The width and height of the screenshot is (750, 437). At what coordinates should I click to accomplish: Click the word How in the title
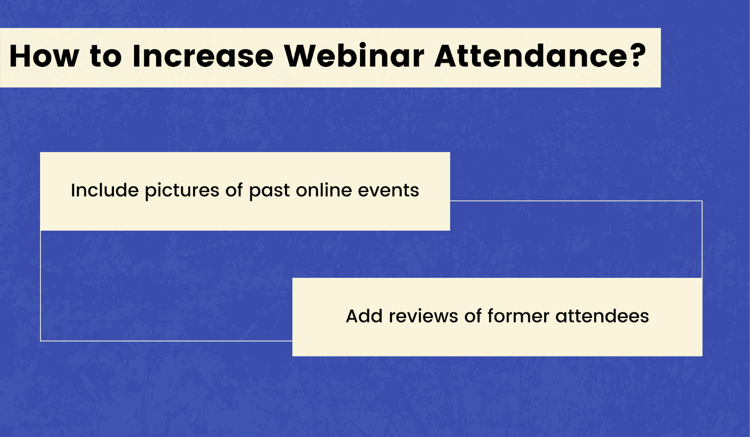point(44,56)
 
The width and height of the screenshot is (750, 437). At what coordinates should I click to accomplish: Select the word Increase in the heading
point(203,56)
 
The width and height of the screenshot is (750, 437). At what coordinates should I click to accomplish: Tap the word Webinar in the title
point(354,56)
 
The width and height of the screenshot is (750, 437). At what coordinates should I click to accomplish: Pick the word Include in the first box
point(105,190)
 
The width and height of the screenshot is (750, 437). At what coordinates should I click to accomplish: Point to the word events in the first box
point(389,191)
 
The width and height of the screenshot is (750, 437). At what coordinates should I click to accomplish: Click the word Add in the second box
point(364,316)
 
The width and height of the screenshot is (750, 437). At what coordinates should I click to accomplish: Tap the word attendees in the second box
point(602,316)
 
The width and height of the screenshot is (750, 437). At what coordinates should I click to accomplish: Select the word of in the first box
point(234,190)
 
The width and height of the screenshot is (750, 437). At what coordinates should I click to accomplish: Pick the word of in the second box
point(473,316)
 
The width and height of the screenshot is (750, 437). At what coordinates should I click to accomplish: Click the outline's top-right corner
point(702,201)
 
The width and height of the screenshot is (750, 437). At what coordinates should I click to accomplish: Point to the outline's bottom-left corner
point(40,341)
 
